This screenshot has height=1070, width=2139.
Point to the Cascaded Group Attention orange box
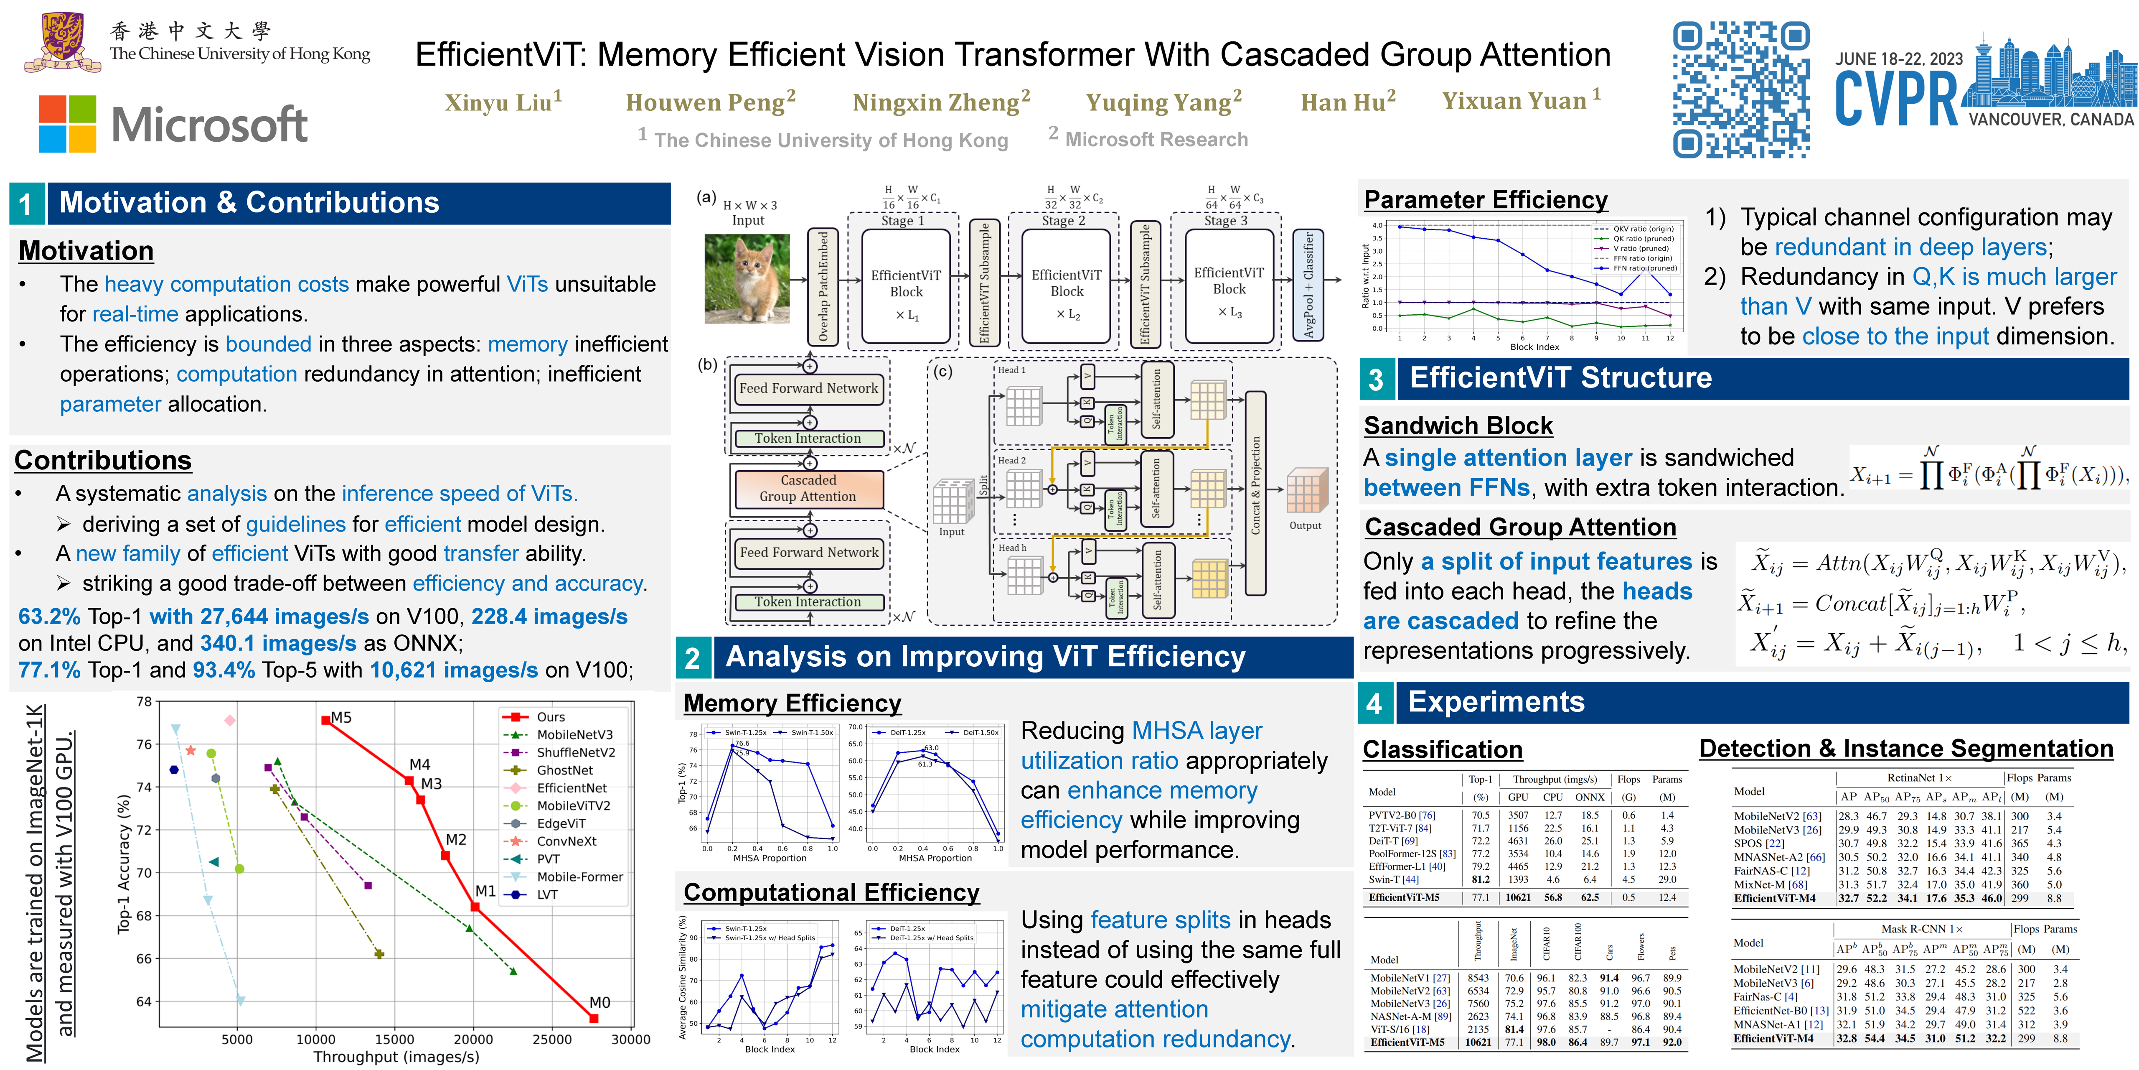808,489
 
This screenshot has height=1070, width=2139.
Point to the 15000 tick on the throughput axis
394,1039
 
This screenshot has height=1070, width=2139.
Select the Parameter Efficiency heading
1486,200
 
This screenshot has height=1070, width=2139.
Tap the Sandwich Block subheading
1458,425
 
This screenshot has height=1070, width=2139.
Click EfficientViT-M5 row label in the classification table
1404,897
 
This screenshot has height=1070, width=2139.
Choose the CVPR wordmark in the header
1896,100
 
